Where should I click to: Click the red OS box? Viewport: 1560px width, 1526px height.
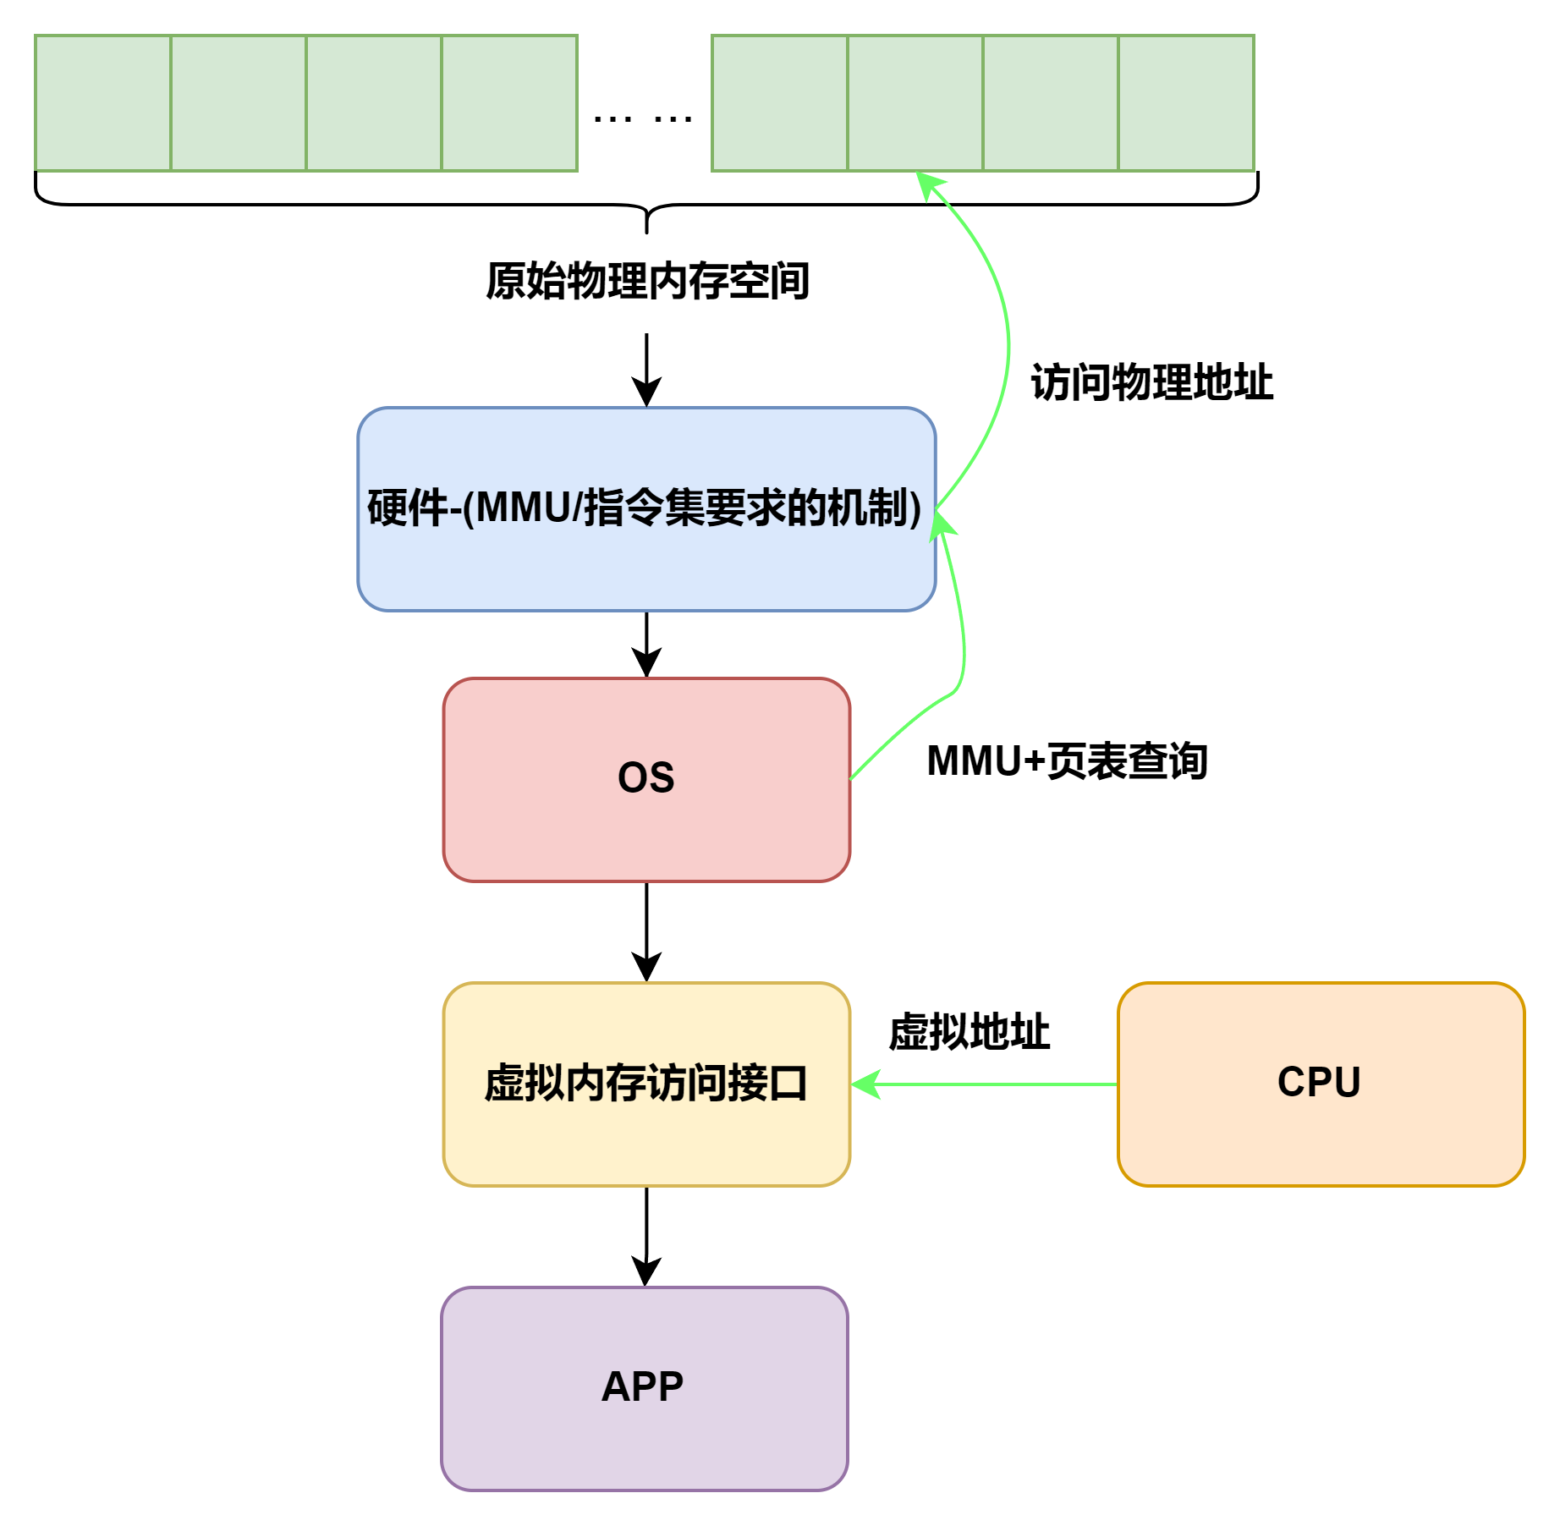[x=646, y=779]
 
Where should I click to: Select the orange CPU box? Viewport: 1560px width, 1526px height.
[x=1320, y=1084]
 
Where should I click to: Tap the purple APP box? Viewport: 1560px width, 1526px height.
[x=644, y=1388]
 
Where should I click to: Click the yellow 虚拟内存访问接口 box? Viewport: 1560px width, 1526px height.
[x=646, y=1084]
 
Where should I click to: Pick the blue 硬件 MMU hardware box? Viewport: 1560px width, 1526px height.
[x=646, y=508]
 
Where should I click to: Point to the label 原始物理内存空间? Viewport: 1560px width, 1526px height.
[x=647, y=281]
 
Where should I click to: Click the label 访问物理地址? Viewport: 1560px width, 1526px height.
[x=1151, y=382]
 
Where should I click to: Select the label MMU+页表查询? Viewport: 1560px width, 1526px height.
[x=1067, y=760]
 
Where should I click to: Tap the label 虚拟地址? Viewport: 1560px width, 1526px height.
[x=970, y=1032]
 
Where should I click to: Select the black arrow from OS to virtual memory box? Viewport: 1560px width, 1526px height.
[x=646, y=930]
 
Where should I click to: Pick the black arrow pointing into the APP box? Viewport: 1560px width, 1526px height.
[x=646, y=1236]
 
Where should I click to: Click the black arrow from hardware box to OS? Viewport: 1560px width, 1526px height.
[x=646, y=644]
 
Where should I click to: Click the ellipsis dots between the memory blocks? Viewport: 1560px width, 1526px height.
[x=643, y=118]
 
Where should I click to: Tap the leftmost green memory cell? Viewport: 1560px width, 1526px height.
[x=103, y=103]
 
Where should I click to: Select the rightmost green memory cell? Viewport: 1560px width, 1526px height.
[x=1186, y=103]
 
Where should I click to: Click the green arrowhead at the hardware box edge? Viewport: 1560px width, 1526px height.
[x=941, y=524]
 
